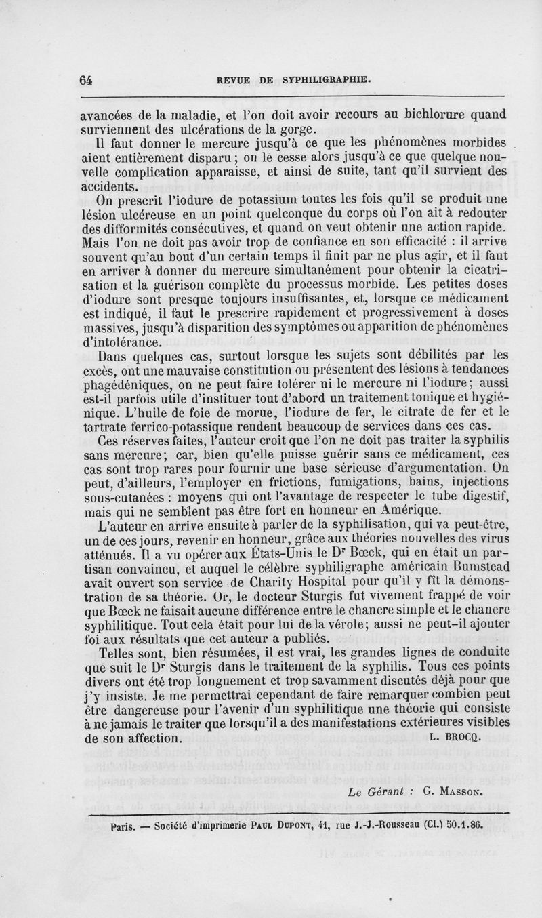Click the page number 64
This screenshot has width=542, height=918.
(85, 79)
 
